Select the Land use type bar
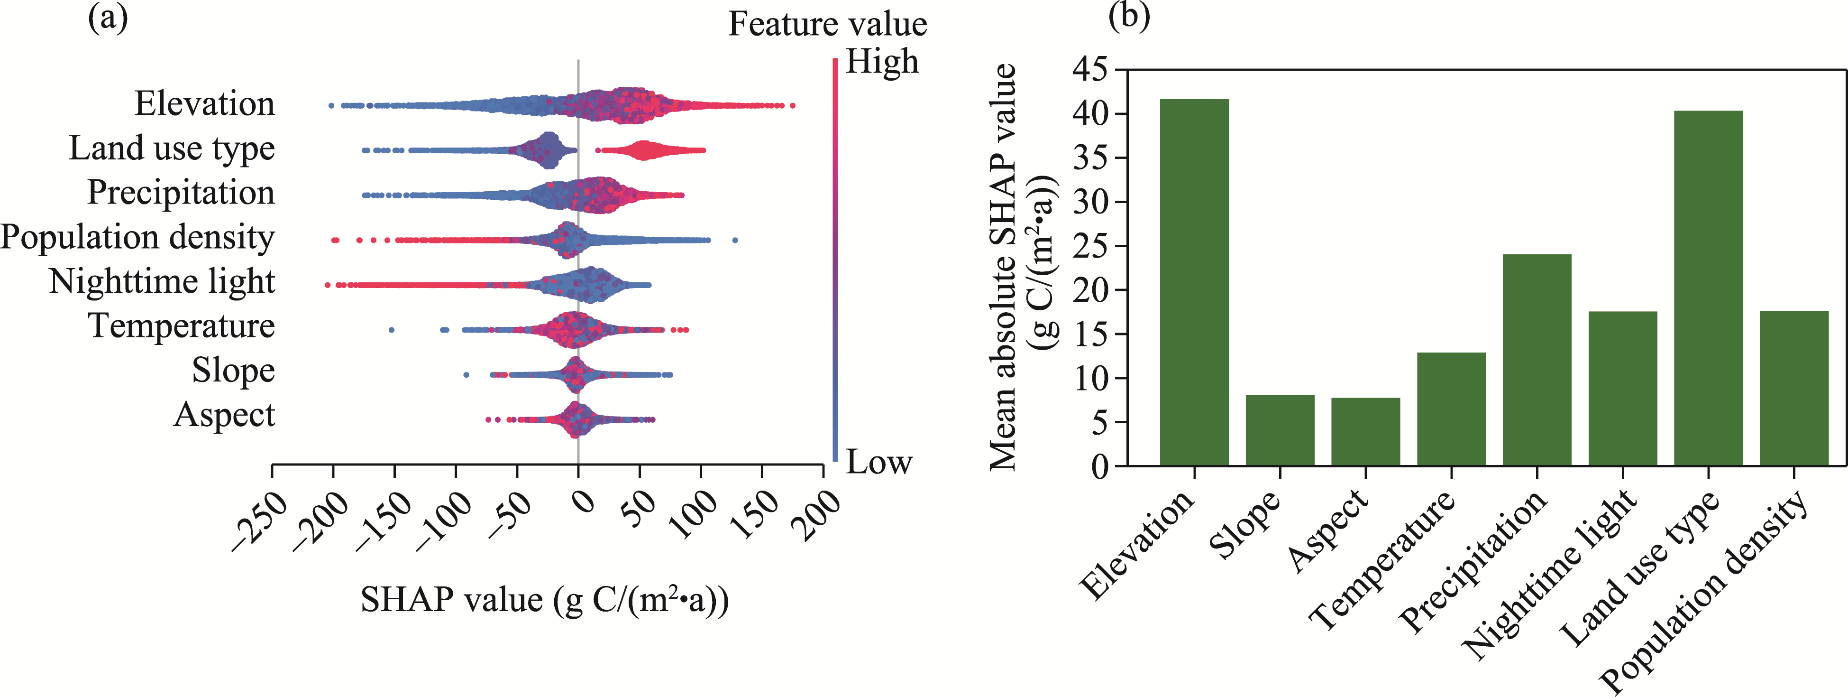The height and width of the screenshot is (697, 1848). coord(1708,288)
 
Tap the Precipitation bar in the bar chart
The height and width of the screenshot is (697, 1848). coord(1537,360)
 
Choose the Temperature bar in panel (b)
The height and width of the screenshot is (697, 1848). coord(1451,409)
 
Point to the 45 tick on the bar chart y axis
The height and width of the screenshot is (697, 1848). coord(1090,70)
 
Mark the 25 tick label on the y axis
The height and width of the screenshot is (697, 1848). coord(1090,246)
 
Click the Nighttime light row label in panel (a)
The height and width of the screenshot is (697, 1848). coord(162,281)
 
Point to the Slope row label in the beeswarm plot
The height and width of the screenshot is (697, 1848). coord(233,371)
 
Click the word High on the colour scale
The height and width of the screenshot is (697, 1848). coord(882,62)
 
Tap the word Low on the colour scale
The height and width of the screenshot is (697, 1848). coord(879,462)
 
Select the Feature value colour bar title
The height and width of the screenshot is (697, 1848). coord(827,24)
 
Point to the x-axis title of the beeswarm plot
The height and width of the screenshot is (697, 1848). coord(545,600)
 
